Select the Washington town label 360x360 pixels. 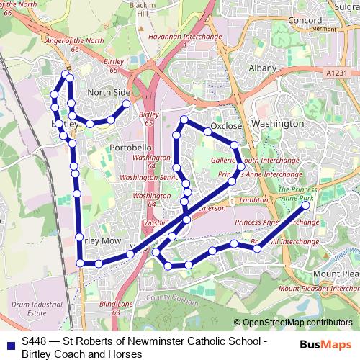[x=279, y=124]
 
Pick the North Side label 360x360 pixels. [x=109, y=93]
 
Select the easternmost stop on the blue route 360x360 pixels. [x=306, y=205]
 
